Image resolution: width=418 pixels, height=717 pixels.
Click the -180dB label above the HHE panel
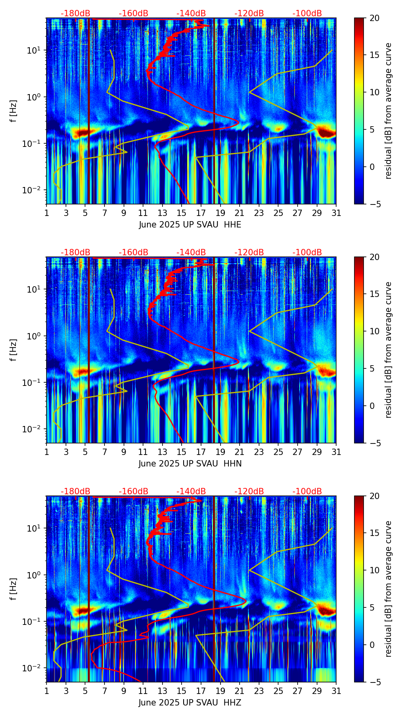(x=75, y=13)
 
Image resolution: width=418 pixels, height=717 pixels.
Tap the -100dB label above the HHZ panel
(x=307, y=491)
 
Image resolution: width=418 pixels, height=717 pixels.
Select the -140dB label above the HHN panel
(x=191, y=252)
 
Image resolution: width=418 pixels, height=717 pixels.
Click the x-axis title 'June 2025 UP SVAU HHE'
(x=190, y=225)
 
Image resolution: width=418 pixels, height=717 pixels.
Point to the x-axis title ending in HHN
(x=190, y=464)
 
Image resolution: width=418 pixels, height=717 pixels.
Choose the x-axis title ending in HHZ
(x=190, y=703)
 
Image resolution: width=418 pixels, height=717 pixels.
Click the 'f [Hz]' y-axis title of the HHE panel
(x=14, y=111)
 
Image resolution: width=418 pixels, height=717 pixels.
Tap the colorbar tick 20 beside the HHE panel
(x=374, y=18)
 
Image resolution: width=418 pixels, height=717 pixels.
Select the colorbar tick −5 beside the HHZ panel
(x=374, y=682)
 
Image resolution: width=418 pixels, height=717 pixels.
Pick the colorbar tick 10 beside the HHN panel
(x=374, y=331)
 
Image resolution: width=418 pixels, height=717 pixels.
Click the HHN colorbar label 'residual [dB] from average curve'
(x=389, y=350)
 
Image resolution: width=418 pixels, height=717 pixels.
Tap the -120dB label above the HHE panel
(x=249, y=13)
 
